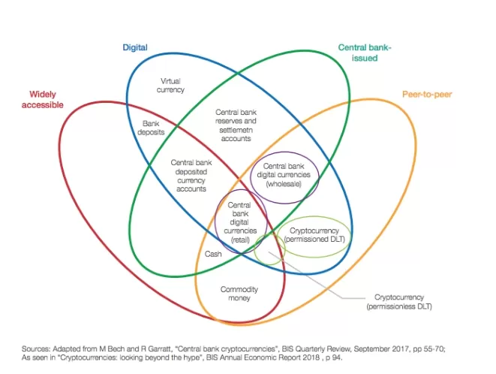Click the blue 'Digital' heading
click(135, 47)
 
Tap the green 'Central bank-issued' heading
click(365, 53)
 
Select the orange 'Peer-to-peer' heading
click(427, 95)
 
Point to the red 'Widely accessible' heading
click(43, 99)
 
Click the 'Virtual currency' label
click(170, 86)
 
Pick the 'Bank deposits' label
click(151, 128)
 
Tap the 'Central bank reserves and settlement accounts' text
click(236, 125)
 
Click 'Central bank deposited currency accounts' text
click(191, 176)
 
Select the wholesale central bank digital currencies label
click(284, 175)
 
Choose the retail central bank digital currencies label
click(240, 222)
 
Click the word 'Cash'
click(213, 254)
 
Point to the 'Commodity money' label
click(239, 294)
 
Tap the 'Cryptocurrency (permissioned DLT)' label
click(314, 235)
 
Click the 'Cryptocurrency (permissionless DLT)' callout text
click(399, 302)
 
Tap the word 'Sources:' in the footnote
click(36, 349)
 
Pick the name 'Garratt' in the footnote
click(159, 349)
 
